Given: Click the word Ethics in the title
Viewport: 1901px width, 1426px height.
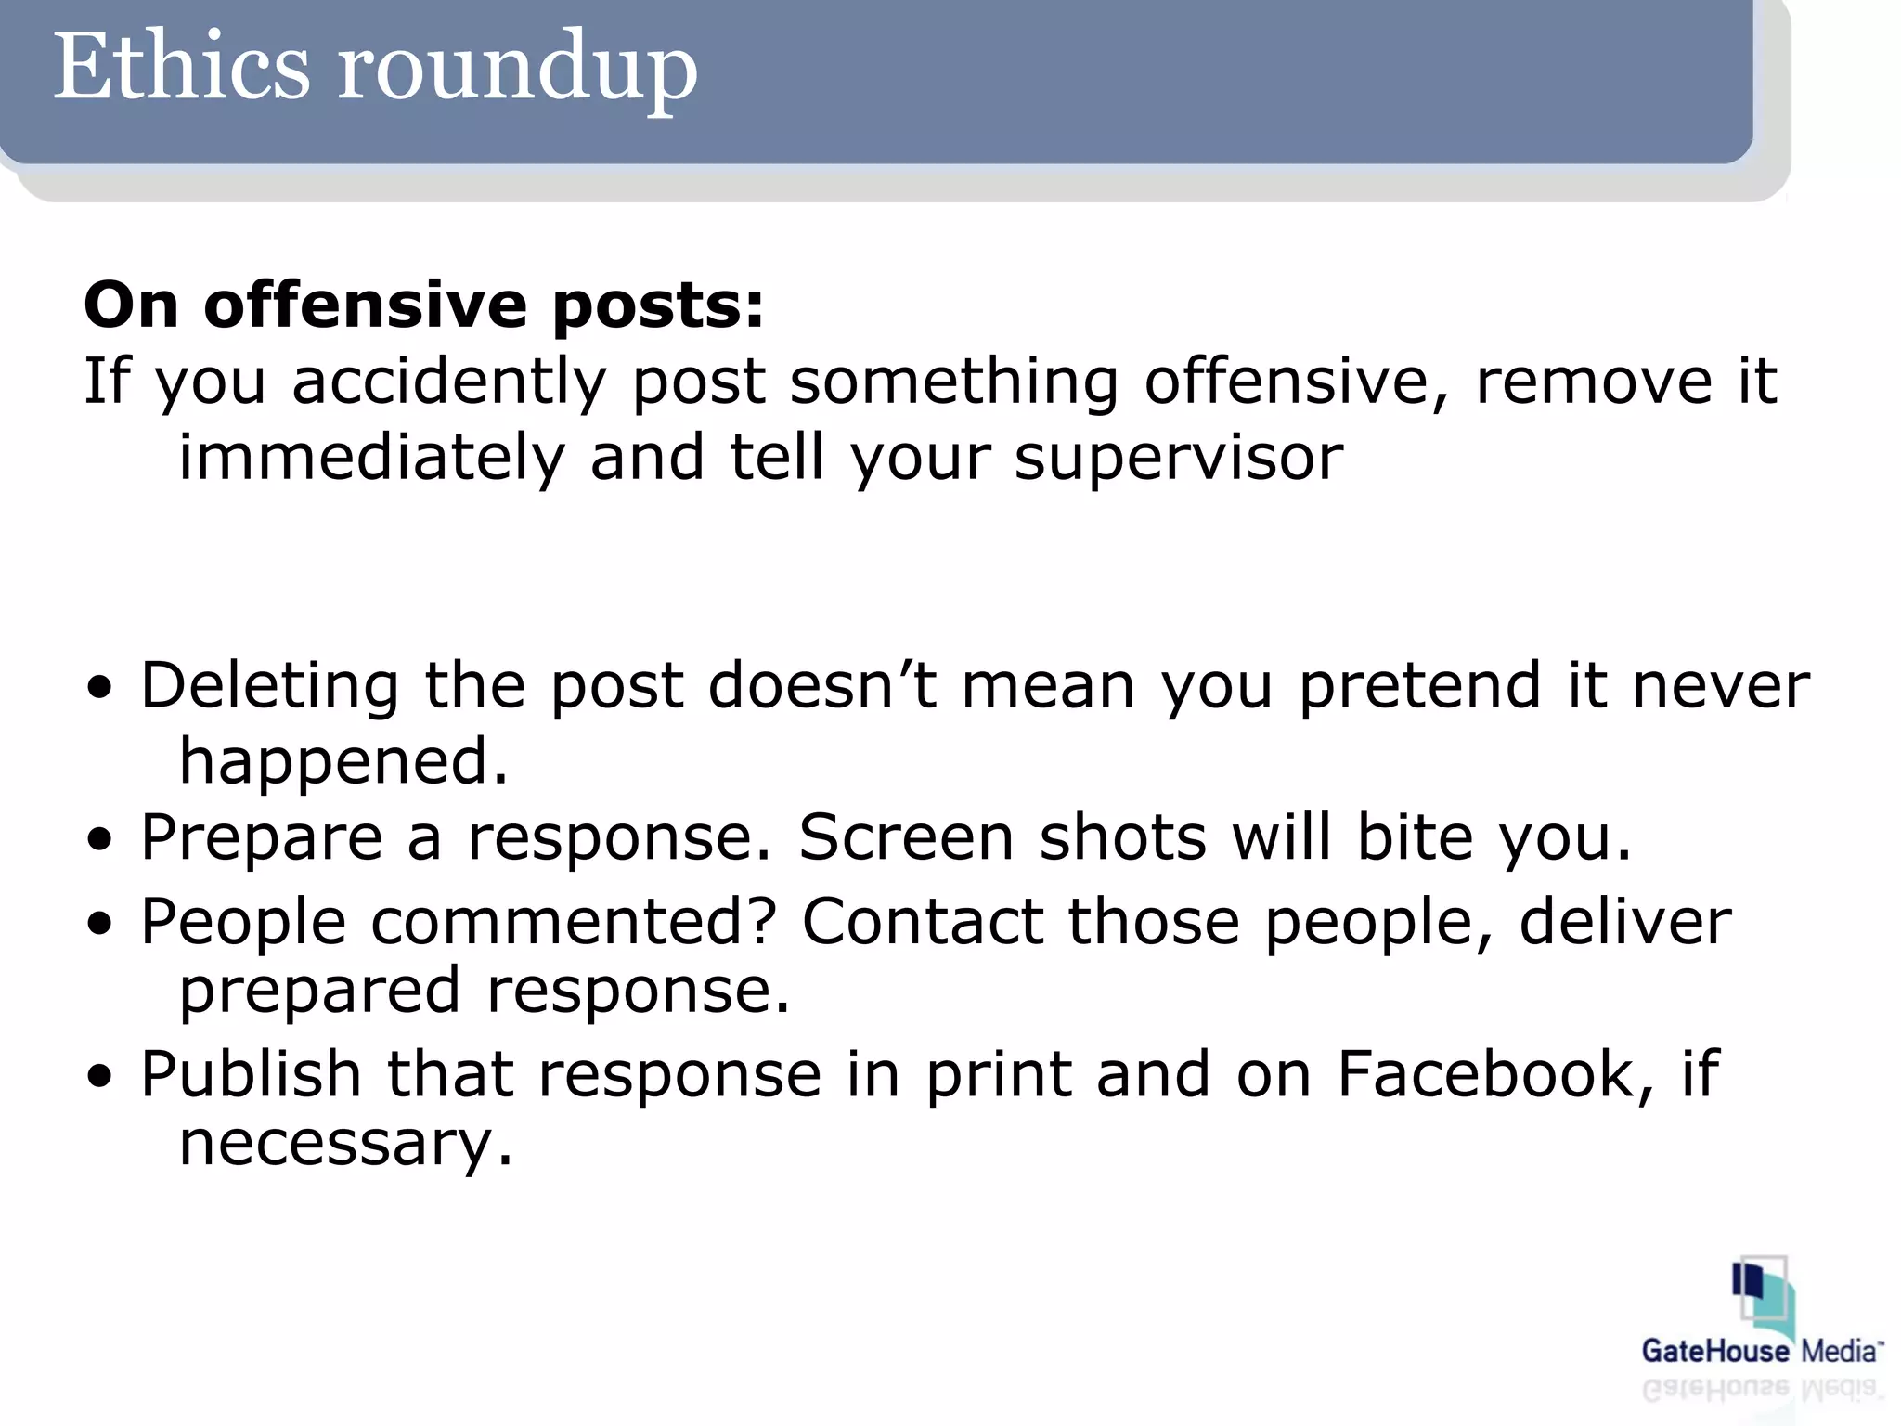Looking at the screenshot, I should pyautogui.click(x=181, y=67).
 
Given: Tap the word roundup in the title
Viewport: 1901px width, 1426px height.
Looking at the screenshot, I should pyautogui.click(x=516, y=71).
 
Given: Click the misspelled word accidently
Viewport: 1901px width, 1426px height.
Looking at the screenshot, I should pyautogui.click(x=449, y=382).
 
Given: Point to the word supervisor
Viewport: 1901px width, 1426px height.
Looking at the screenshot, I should pyautogui.click(x=1178, y=458).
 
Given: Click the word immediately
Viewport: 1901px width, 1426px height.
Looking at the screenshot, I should pyautogui.click(x=371, y=458).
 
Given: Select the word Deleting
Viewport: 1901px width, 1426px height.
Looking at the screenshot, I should pyautogui.click(x=270, y=685).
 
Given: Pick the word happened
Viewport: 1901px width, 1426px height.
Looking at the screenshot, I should pyautogui.click(x=343, y=761).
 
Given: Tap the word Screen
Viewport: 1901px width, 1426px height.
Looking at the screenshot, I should pyautogui.click(x=906, y=837).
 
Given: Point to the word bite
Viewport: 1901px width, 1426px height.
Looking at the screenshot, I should pyautogui.click(x=1415, y=837).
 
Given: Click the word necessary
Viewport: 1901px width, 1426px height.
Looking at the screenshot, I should pyautogui.click(x=344, y=1143).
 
